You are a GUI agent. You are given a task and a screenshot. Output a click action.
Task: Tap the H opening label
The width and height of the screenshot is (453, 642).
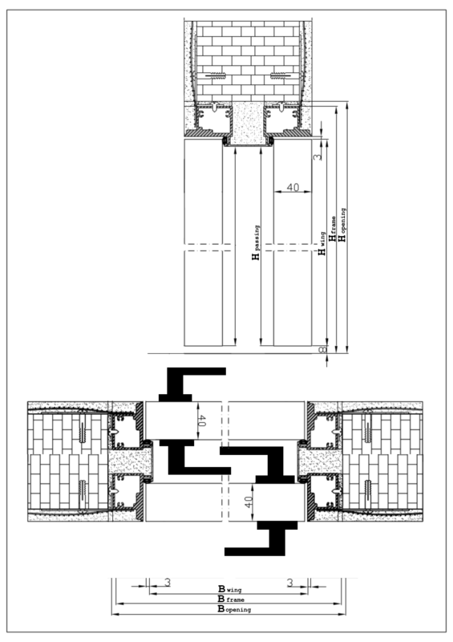tap(342, 226)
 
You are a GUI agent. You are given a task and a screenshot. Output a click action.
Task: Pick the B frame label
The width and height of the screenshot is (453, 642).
tap(233, 599)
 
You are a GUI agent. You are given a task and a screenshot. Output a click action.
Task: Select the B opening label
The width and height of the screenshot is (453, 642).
tap(234, 610)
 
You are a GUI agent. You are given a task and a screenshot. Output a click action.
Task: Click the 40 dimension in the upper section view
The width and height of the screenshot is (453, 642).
tap(292, 187)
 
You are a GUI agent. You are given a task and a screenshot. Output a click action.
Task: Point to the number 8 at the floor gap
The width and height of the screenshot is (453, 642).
tap(322, 350)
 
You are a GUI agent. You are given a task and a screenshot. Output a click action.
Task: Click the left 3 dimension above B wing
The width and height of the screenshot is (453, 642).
tap(167, 581)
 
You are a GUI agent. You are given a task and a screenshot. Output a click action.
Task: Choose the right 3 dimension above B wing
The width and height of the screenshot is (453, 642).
tap(290, 581)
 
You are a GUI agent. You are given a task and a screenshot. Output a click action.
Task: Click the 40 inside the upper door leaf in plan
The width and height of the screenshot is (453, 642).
tap(202, 419)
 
